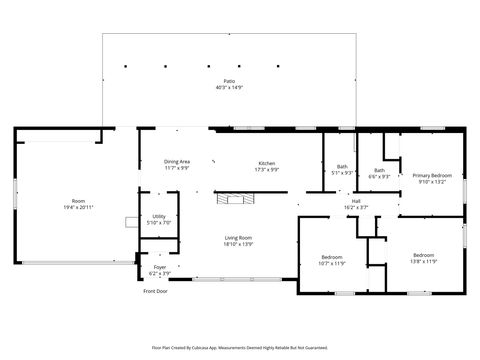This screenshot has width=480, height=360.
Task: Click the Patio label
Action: click(229, 80)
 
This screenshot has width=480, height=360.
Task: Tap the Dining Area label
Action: click(178, 162)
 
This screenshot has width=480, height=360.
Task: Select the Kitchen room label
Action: click(267, 162)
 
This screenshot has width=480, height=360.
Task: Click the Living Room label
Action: click(238, 237)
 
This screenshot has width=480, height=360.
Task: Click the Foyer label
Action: click(160, 267)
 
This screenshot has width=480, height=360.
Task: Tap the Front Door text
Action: click(155, 291)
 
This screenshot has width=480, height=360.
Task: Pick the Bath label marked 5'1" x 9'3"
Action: click(342, 166)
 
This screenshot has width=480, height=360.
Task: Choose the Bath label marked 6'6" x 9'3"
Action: click(380, 170)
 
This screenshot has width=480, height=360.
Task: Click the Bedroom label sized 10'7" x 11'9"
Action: click(332, 258)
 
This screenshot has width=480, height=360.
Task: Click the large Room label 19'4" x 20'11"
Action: click(78, 201)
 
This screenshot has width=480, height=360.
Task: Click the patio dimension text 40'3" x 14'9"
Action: click(229, 88)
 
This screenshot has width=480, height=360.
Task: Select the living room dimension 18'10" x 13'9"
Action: click(238, 244)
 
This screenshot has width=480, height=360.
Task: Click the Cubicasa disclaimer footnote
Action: click(240, 347)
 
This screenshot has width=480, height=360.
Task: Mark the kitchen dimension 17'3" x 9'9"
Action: click(267, 169)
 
